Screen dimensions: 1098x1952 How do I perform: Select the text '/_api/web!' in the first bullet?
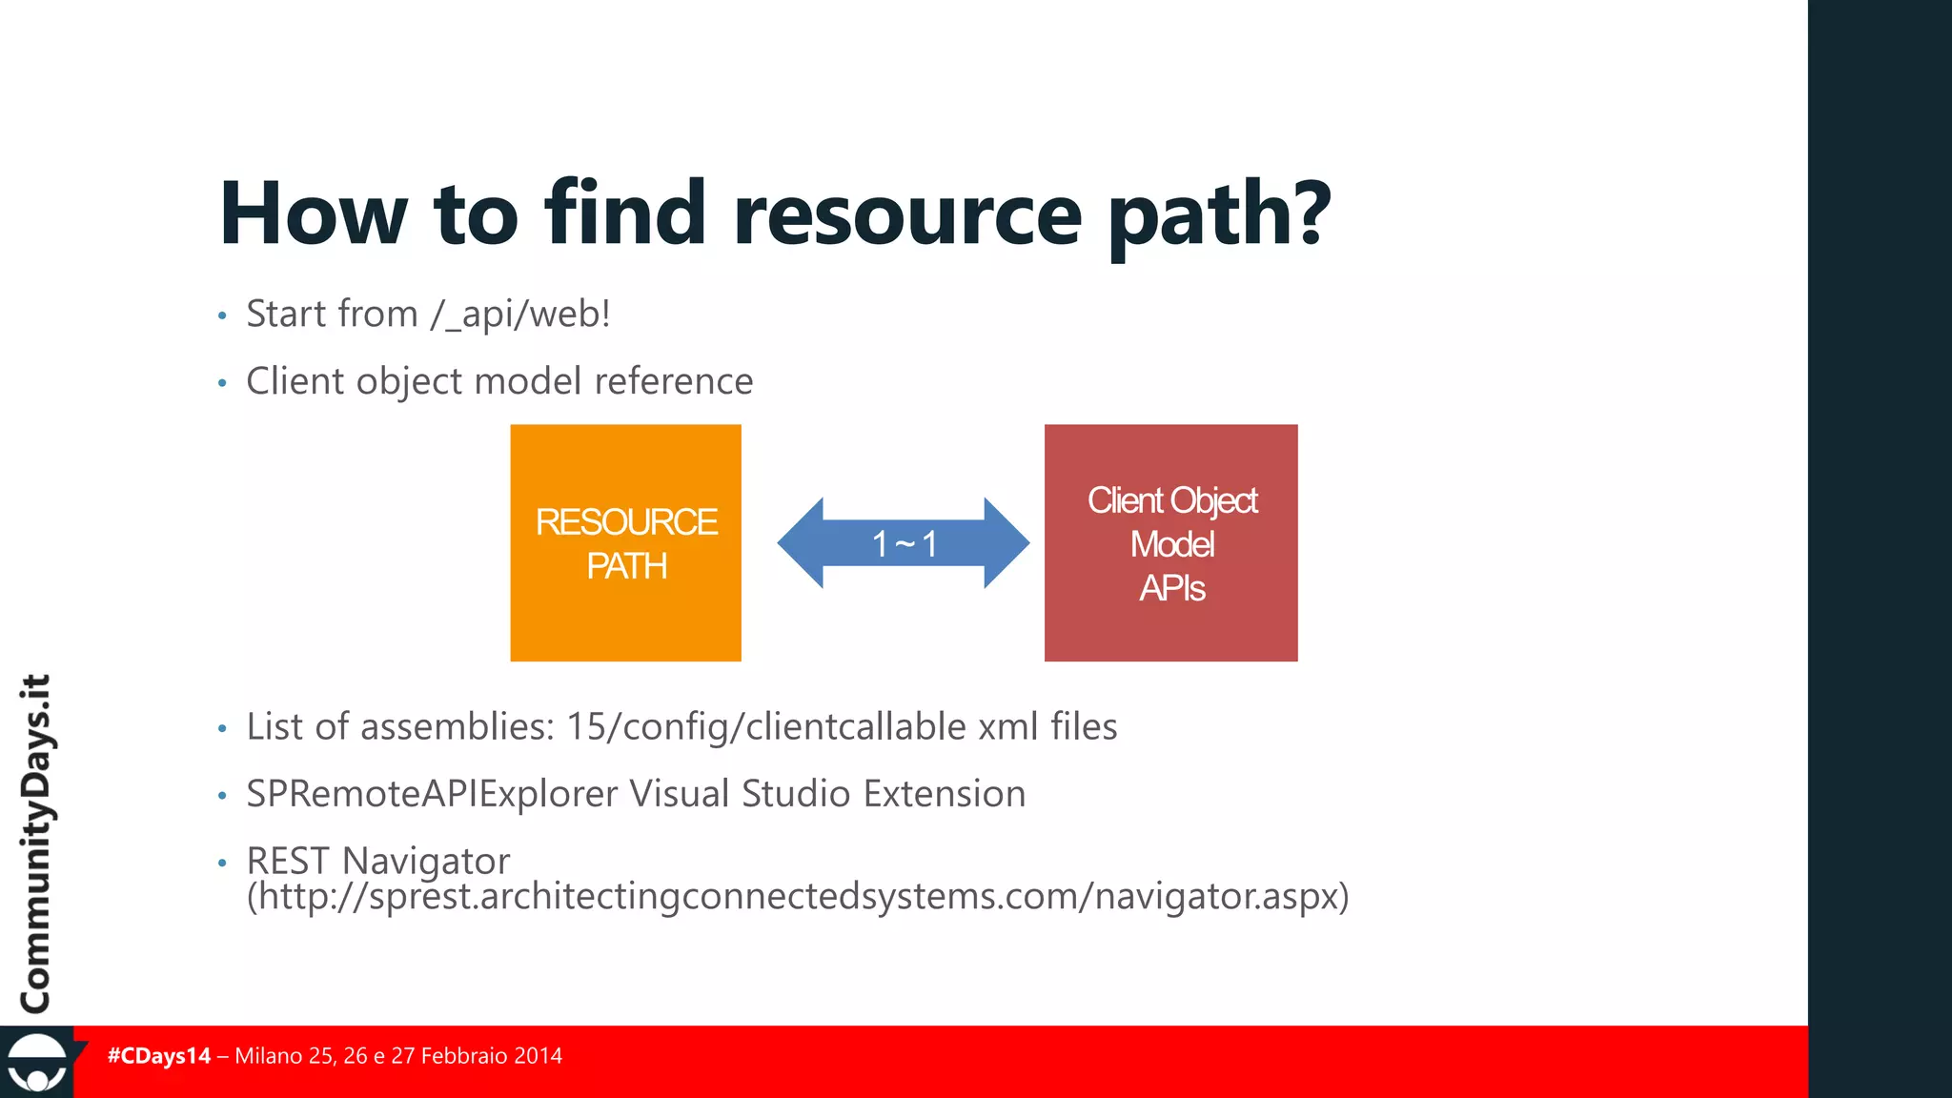(x=520, y=315)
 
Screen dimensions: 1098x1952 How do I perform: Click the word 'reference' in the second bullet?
(x=673, y=381)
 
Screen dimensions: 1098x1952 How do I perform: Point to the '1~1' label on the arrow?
(x=904, y=544)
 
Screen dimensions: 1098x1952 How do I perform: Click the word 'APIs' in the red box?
(x=1171, y=588)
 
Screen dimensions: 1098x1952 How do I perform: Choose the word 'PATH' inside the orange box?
(x=626, y=567)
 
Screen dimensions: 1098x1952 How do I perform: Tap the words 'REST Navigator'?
(x=377, y=861)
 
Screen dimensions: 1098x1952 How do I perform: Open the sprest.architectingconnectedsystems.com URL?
(x=797, y=897)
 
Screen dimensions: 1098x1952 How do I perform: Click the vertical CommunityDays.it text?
(x=36, y=844)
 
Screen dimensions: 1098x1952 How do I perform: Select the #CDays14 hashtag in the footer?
(x=159, y=1056)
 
